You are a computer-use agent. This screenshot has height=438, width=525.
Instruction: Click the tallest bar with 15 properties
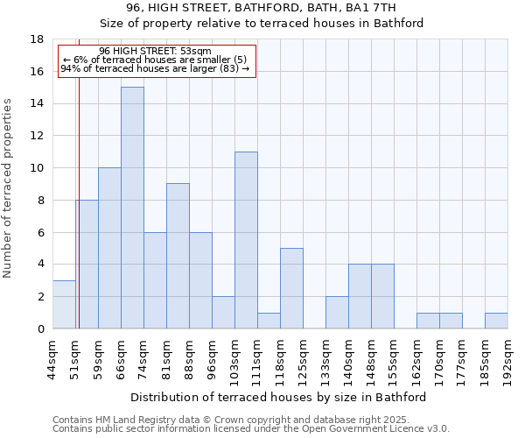point(132,208)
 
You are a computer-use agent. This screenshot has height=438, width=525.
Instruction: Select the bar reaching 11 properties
point(246,240)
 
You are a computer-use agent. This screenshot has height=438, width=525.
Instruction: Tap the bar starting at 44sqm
point(64,304)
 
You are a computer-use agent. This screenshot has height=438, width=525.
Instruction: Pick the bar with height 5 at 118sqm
point(291,288)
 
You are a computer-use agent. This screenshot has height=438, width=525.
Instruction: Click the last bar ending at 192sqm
point(496,321)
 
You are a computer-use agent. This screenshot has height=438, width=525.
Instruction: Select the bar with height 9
point(178,256)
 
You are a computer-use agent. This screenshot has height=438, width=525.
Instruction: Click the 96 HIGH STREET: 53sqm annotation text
point(155,52)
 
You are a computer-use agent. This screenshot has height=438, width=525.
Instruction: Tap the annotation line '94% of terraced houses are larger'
point(155,68)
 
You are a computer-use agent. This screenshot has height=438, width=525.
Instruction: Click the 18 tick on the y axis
point(38,39)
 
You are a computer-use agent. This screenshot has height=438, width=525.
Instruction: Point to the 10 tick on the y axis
point(38,168)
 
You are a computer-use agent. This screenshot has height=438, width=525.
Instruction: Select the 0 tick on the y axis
point(40,328)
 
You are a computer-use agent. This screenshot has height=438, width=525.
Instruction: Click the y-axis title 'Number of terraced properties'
point(9,187)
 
